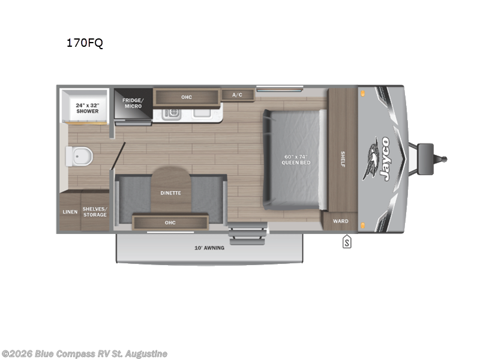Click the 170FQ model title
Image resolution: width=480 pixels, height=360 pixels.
[85, 43]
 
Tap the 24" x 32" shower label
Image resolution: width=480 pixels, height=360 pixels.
[86, 108]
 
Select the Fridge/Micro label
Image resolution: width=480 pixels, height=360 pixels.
[132, 103]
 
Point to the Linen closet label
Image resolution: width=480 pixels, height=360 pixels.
[70, 212]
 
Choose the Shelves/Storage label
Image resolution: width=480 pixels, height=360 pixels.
[95, 212]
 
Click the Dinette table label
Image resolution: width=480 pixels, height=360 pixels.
[170, 193]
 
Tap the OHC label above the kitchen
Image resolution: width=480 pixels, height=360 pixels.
[187, 97]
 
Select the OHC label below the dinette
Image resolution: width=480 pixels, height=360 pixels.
[170, 223]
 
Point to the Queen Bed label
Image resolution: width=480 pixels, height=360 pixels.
[297, 160]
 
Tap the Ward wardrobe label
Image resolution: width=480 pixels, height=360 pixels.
[341, 221]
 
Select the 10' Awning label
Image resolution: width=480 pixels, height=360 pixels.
[209, 248]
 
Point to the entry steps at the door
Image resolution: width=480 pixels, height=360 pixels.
[247, 232]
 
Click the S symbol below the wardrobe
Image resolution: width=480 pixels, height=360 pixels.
[346, 242]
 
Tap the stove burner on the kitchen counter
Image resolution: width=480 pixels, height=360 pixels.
[171, 112]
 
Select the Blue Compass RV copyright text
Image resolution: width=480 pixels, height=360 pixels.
[85, 354]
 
